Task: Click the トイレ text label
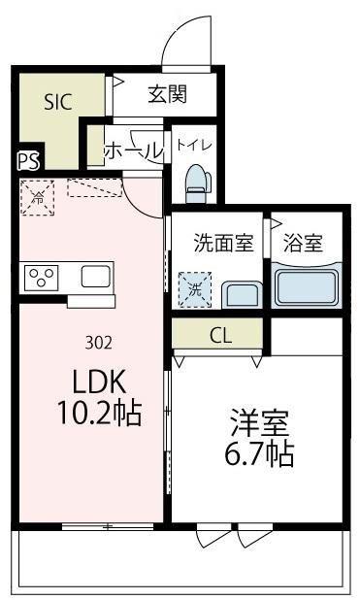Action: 194,146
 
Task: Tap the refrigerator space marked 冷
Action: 39,196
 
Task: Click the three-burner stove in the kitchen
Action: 42,279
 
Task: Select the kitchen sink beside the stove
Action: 96,277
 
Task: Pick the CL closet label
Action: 218,335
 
